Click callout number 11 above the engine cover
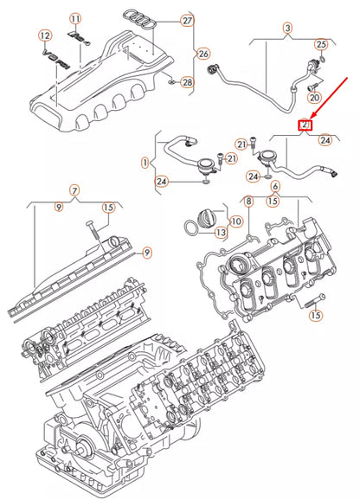coord(75,18)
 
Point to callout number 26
coord(205,53)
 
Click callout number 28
coord(188,82)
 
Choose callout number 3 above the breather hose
coord(287,29)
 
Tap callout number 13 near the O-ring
coord(222,232)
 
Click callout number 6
coord(275,186)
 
